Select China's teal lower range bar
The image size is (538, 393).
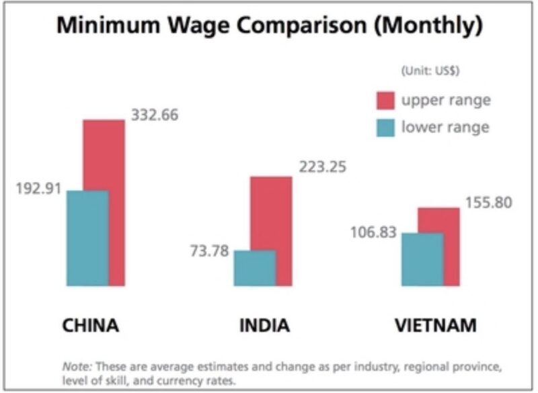[x=87, y=238]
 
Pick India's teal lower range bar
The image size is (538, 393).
[x=255, y=268]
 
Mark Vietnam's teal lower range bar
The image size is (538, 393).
[x=422, y=259]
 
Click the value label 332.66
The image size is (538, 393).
[x=155, y=115]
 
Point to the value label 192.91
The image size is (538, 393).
[x=38, y=188]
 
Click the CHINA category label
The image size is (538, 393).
[x=91, y=326]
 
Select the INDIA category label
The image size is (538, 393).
[x=264, y=326]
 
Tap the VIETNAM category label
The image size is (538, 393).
[x=436, y=326]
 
